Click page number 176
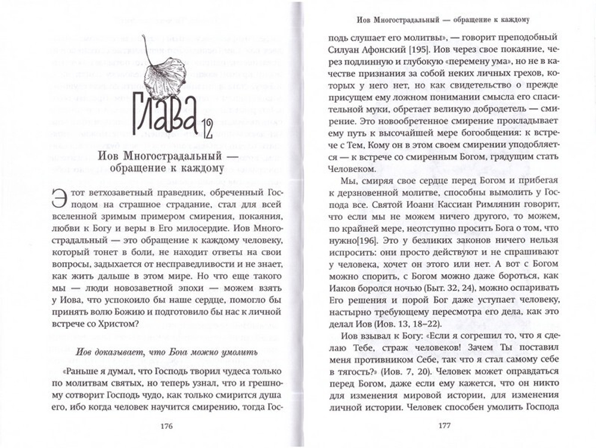[167, 425]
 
